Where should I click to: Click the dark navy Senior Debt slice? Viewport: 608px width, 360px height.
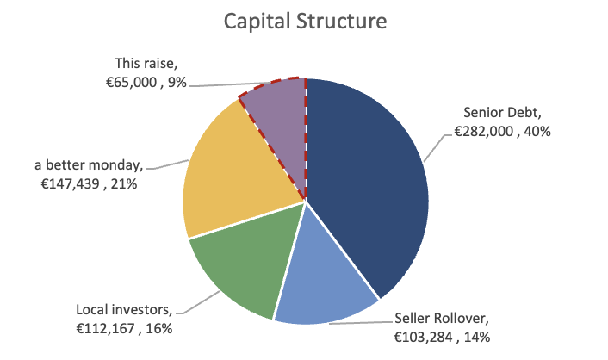[x=370, y=181]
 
